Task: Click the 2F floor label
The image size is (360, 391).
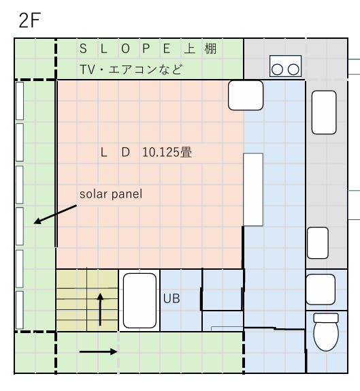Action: click(30, 20)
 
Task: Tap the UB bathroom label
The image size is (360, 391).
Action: click(171, 298)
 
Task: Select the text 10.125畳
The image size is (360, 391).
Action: click(167, 152)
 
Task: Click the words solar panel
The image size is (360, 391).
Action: click(111, 194)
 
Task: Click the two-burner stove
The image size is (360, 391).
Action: click(286, 66)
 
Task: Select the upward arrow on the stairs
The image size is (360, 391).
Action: click(100, 309)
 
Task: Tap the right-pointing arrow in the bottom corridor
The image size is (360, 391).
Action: click(98, 352)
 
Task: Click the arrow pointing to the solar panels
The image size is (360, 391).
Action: click(55, 215)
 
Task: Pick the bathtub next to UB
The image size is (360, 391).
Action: click(140, 300)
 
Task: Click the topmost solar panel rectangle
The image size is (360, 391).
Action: click(20, 101)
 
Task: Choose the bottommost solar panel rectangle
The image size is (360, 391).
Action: click(20, 310)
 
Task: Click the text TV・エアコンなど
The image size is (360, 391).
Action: click(131, 69)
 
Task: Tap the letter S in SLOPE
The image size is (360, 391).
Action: click(83, 48)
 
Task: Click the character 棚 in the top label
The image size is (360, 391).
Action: click(210, 48)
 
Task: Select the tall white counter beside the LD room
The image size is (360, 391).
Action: click(253, 189)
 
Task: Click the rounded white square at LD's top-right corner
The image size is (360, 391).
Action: click(246, 95)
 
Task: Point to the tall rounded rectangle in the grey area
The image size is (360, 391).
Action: click(324, 112)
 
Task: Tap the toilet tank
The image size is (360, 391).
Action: click(326, 318)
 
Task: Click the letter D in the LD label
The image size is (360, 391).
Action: click(126, 152)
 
